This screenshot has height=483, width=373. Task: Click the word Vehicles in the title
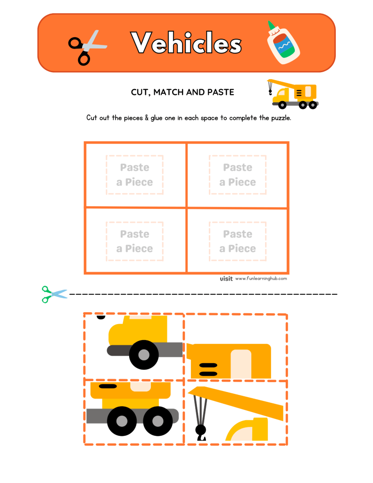point(186,43)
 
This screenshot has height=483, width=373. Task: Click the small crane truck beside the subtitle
point(293,93)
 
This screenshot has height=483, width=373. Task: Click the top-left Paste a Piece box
point(135,175)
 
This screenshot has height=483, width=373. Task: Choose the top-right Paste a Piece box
point(238,175)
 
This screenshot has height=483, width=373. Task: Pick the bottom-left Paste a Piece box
point(135,241)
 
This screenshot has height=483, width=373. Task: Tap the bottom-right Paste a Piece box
point(238,241)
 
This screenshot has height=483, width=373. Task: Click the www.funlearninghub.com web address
point(261,279)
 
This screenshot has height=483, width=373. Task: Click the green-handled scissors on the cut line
point(53,294)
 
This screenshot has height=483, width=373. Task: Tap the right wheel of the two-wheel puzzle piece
point(157,420)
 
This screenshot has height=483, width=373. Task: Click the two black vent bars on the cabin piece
point(208,369)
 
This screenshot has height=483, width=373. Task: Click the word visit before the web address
point(226,279)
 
